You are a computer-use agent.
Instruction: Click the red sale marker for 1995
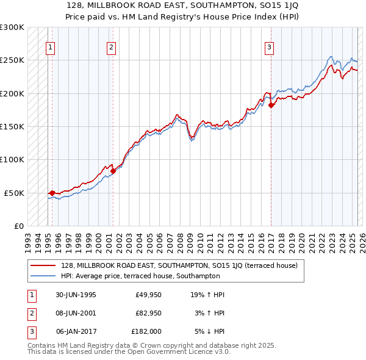[52, 193]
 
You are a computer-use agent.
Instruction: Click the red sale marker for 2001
[113, 171]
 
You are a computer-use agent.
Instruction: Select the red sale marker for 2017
[271, 105]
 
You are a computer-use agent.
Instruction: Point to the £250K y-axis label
[12, 60]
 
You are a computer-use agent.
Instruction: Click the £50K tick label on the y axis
[15, 193]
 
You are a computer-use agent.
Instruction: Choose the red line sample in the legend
[43, 265]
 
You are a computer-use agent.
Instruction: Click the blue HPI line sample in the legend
[43, 275]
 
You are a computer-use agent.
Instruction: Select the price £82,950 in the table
[148, 313]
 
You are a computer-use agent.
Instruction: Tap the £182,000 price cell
[146, 331]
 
